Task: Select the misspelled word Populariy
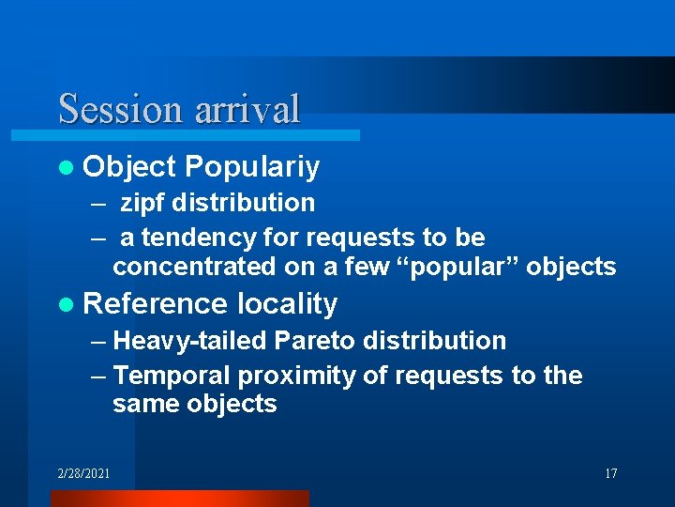252,167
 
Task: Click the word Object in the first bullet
129,167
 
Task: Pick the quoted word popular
460,268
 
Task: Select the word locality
287,304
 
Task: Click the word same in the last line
144,405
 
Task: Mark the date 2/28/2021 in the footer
82,473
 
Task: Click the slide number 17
610,473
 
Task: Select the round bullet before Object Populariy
65,168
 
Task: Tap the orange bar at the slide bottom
178,499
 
